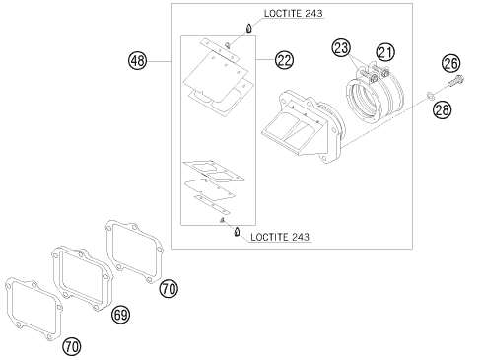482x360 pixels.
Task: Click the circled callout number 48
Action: (137, 61)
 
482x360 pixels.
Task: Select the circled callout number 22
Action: (284, 60)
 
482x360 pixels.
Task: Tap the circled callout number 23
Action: (341, 48)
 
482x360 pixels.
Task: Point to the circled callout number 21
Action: (385, 52)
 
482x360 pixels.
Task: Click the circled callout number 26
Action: (451, 63)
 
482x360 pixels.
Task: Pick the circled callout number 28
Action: (443, 109)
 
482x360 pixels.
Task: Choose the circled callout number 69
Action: (120, 315)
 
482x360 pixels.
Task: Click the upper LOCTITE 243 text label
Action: (294, 13)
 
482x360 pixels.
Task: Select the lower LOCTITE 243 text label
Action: (280, 237)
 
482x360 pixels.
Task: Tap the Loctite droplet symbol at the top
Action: (249, 28)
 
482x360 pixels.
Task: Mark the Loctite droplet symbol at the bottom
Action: (237, 232)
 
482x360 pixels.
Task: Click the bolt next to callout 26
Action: (455, 81)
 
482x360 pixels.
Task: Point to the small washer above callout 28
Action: (430, 96)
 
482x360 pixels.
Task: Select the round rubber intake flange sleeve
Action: (375, 97)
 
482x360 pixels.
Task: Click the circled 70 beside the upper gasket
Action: (169, 289)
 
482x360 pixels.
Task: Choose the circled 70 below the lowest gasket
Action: (72, 346)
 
